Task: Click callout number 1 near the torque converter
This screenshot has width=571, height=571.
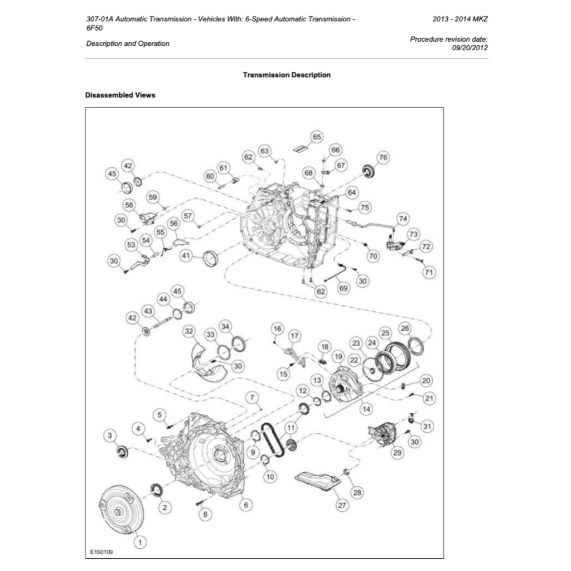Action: [x=139, y=541]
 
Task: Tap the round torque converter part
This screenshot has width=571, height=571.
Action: [x=120, y=510]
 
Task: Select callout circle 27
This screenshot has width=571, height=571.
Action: [x=341, y=505]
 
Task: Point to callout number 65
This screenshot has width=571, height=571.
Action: [x=316, y=137]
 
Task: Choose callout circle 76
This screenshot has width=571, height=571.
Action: [x=383, y=157]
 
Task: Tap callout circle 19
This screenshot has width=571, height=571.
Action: [x=337, y=356]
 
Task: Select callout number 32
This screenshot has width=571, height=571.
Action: [x=190, y=331]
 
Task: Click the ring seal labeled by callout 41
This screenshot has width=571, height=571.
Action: [x=211, y=259]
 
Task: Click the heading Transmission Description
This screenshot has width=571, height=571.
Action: [x=287, y=75]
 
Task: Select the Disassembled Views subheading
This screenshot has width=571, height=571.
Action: [x=120, y=95]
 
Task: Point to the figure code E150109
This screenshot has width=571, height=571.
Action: [x=101, y=552]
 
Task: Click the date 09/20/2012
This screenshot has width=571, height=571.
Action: [x=470, y=48]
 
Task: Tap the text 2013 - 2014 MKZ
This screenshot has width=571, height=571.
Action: [x=460, y=18]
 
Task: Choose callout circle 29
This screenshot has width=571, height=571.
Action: [x=397, y=453]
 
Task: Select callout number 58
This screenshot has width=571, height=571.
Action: [x=129, y=205]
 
